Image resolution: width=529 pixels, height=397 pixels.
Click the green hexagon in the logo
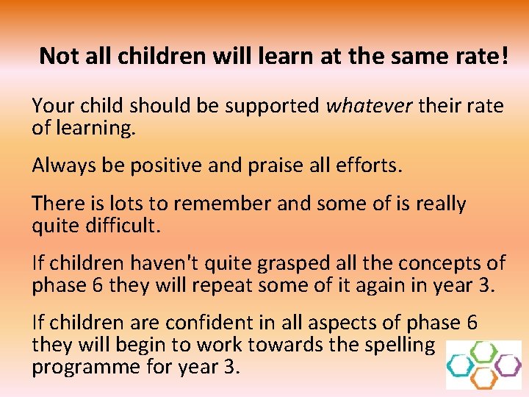(483, 352)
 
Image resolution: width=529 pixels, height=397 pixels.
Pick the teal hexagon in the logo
(461, 365)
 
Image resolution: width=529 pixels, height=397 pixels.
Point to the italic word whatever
(370, 107)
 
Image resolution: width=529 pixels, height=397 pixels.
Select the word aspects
(346, 321)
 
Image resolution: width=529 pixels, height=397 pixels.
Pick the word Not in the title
(57, 56)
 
